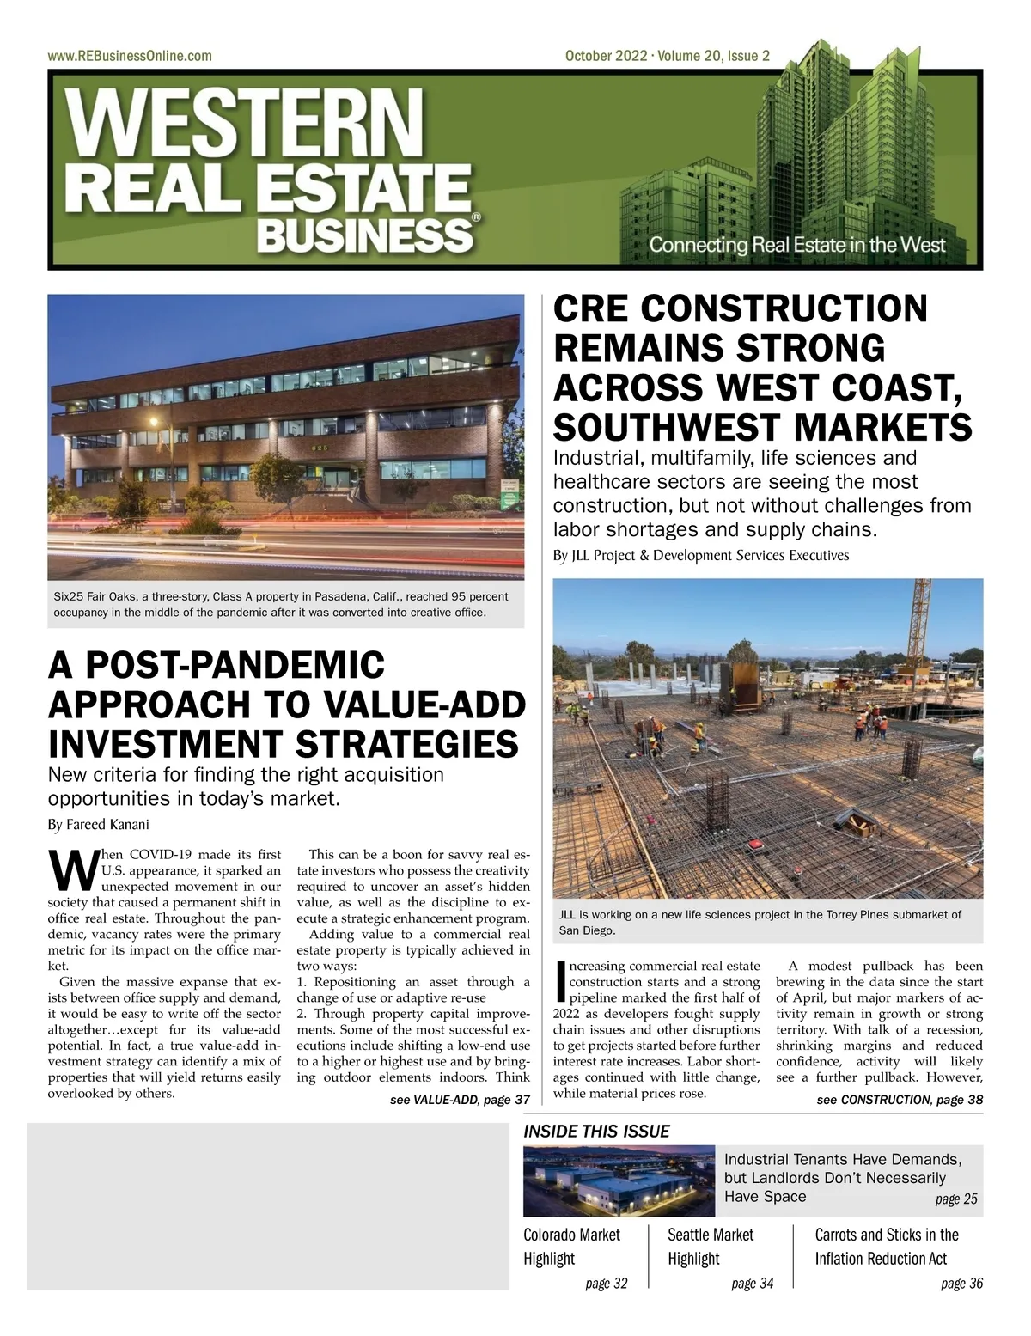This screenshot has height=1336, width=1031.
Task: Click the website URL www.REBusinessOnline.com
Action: (x=130, y=56)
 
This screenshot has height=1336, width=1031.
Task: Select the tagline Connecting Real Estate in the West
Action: (x=796, y=245)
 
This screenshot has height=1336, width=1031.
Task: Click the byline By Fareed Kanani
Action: (x=98, y=825)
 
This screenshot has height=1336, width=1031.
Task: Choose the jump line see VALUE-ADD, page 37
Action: (x=460, y=1100)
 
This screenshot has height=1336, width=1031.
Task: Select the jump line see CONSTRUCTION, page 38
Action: (x=900, y=1100)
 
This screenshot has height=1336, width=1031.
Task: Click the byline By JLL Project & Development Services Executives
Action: (x=701, y=555)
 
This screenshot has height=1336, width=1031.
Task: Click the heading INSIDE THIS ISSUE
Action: (x=596, y=1132)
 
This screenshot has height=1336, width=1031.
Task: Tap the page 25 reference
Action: (x=955, y=1199)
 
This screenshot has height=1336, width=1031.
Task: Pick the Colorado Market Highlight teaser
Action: (x=571, y=1247)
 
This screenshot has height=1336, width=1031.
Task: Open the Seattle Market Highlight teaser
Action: (x=711, y=1247)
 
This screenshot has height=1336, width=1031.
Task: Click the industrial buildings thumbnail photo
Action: (x=619, y=1180)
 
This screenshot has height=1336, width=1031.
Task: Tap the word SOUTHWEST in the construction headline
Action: (x=674, y=427)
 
